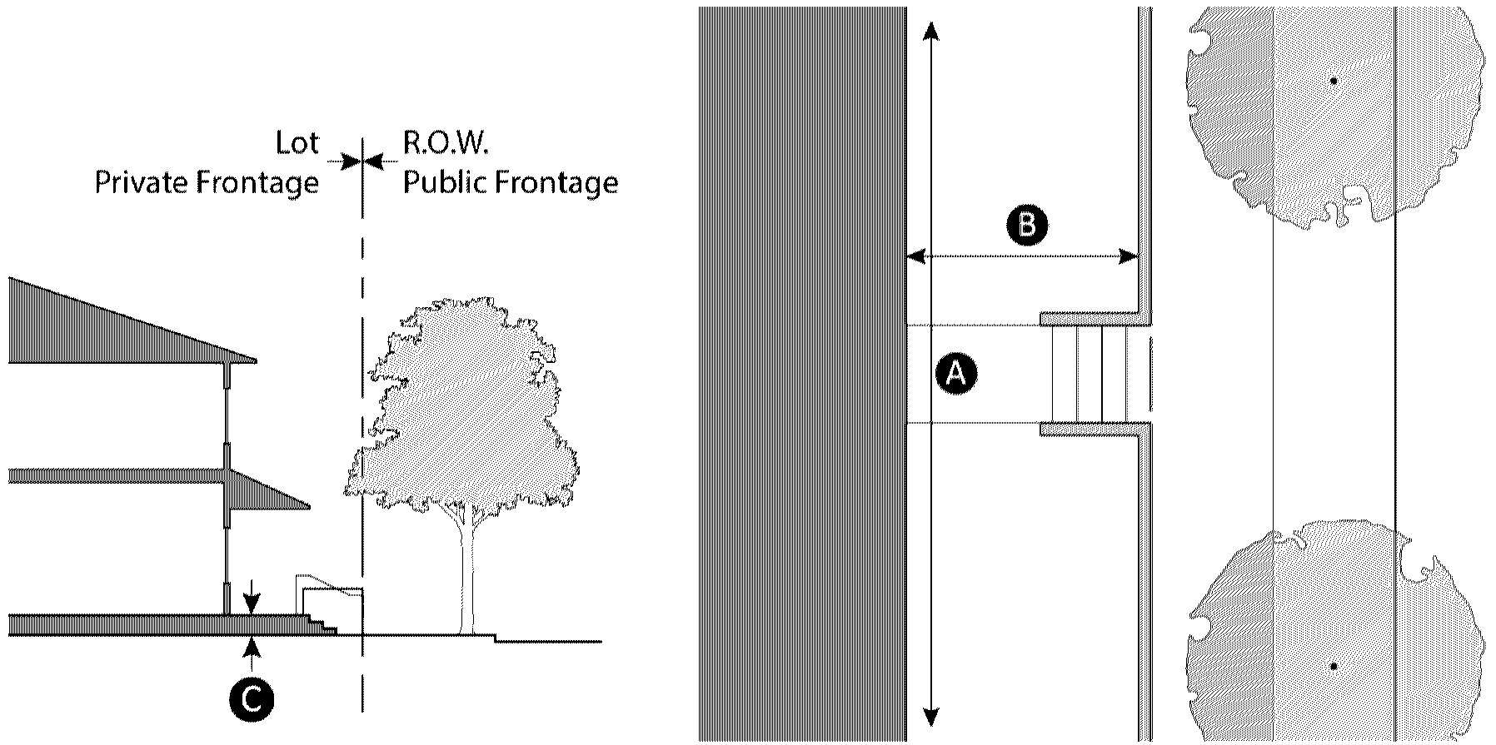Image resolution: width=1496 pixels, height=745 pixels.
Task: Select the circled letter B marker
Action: click(x=1026, y=226)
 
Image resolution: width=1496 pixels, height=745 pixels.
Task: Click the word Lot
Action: click(x=297, y=143)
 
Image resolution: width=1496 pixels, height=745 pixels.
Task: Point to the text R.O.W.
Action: click(x=445, y=143)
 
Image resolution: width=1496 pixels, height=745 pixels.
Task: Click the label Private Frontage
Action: click(x=207, y=183)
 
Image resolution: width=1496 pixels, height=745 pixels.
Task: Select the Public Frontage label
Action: click(x=511, y=183)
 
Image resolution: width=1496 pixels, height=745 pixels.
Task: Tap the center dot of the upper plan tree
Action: click(x=1334, y=82)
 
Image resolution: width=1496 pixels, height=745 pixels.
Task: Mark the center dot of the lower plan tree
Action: click(x=1334, y=667)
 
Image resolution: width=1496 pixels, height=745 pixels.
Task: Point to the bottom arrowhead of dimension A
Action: click(x=931, y=718)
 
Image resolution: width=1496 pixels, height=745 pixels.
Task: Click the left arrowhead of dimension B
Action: click(x=916, y=257)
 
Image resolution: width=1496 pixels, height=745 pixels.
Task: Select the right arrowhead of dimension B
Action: click(x=1129, y=257)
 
